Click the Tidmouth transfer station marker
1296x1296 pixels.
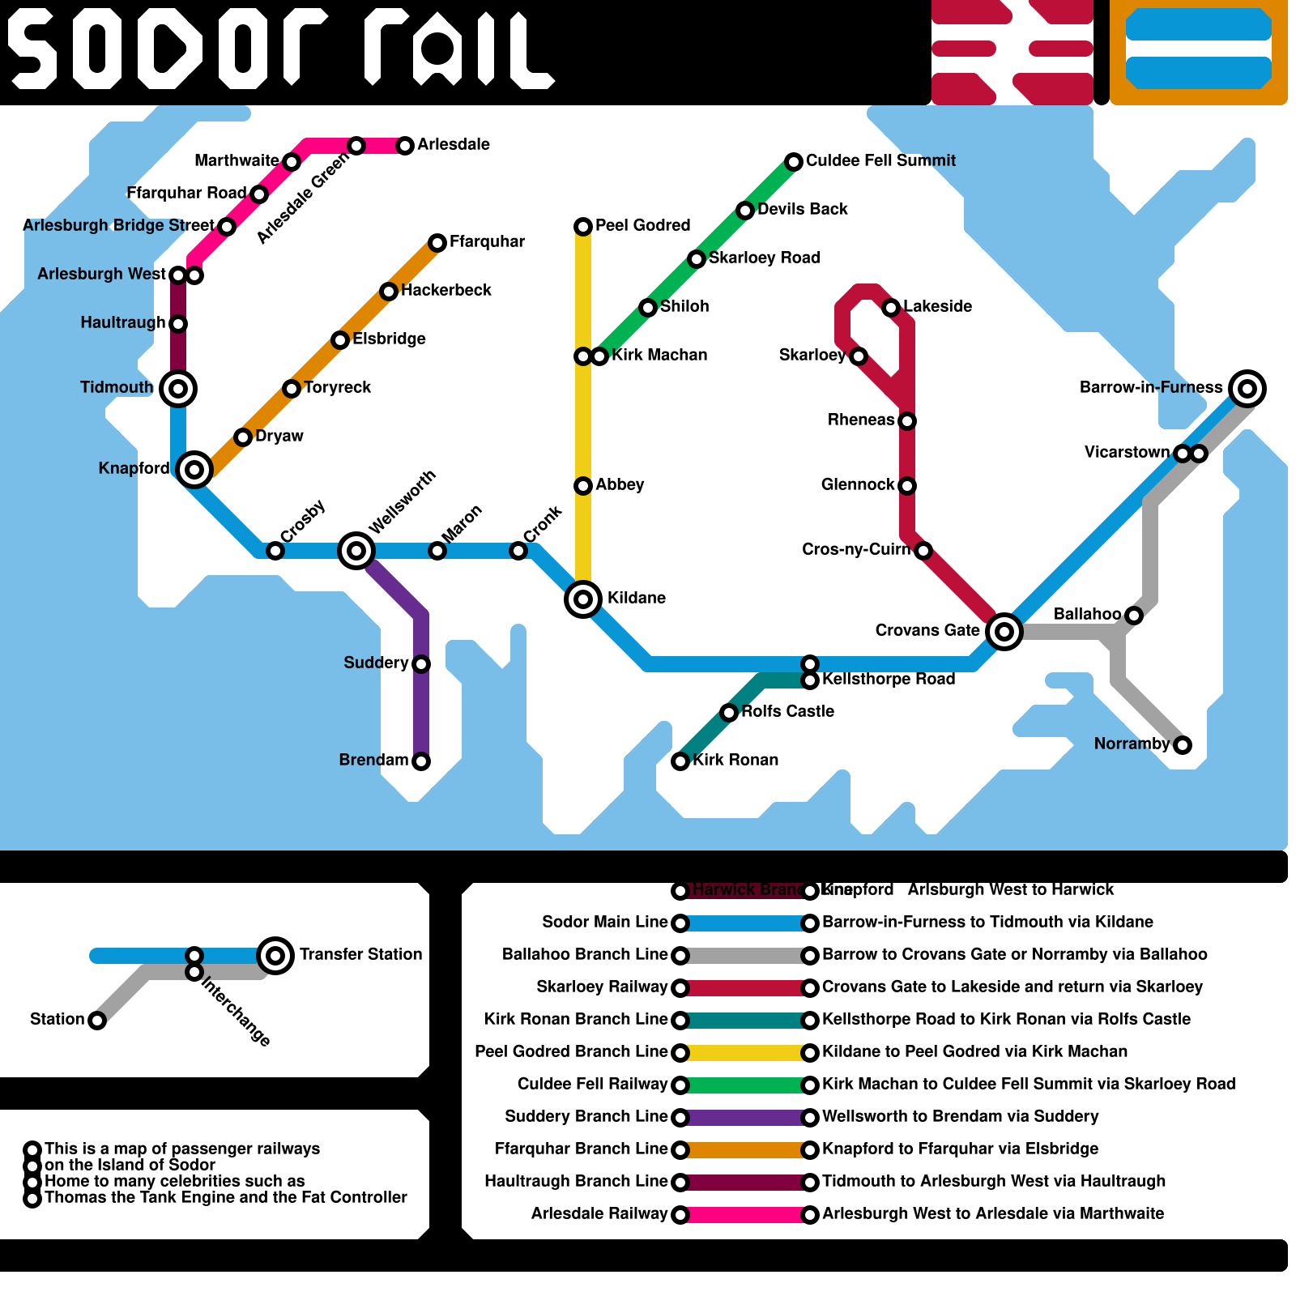(178, 389)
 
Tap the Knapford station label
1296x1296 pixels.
(134, 468)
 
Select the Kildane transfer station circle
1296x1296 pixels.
(583, 599)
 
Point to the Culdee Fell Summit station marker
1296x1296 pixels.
(794, 162)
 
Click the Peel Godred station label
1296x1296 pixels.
(642, 225)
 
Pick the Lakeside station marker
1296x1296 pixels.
(891, 308)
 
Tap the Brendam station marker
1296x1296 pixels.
(421, 761)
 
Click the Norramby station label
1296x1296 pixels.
(1132, 744)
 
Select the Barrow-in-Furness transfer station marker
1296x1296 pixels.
(1247, 389)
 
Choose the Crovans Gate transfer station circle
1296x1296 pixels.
(1004, 632)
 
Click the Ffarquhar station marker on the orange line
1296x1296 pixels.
(437, 243)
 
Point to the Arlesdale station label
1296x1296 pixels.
(454, 144)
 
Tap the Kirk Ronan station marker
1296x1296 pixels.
(680, 761)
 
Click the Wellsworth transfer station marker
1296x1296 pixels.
(356, 551)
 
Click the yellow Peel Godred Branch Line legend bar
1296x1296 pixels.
(745, 1053)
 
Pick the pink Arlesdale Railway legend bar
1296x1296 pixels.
(745, 1215)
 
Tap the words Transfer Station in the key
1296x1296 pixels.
(360, 954)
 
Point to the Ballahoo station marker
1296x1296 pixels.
(1134, 616)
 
